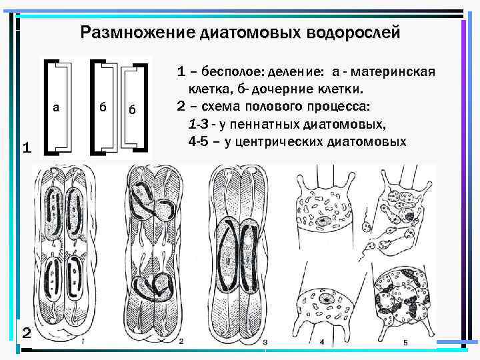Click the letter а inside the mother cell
click(56, 107)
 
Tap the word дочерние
click(273, 89)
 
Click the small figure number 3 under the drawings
click(265, 342)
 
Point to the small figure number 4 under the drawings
click(321, 342)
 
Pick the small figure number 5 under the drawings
click(405, 342)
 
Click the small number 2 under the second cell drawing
click(181, 342)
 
